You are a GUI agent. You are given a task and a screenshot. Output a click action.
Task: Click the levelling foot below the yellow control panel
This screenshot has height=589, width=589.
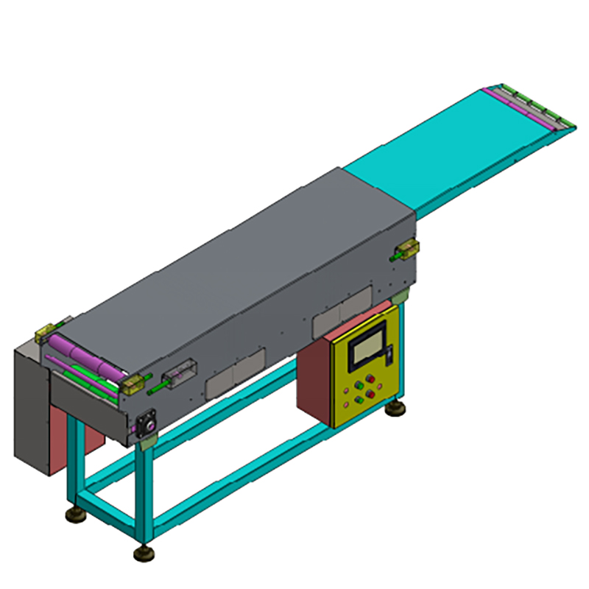(x=398, y=406)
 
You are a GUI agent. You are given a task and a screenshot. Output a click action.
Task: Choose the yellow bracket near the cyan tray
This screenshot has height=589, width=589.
(x=407, y=248)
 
